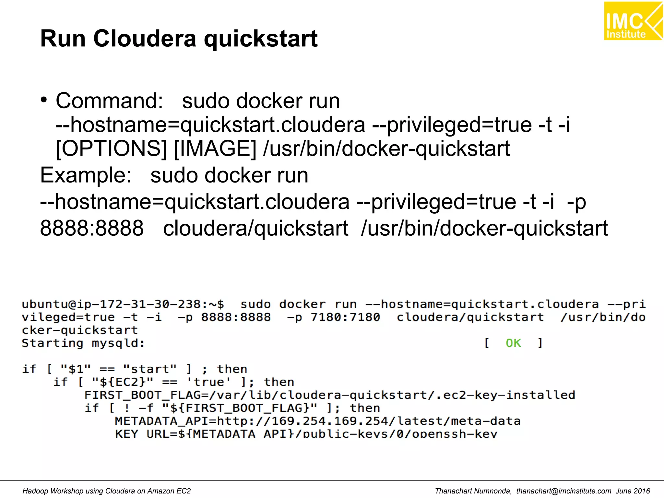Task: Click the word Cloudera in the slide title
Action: pos(145,39)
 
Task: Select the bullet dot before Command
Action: pos(44,100)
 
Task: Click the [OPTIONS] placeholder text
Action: pos(111,148)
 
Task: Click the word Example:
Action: pos(86,175)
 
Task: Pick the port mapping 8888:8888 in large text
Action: pos(92,228)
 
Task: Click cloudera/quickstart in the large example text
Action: pos(255,228)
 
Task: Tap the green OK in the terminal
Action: pos(513,343)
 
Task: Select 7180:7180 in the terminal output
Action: pos(345,317)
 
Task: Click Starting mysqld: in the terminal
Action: pos(83,343)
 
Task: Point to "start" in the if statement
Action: pos(150,369)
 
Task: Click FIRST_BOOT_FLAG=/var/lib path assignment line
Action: pos(329,395)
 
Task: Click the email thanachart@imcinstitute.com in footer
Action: pos(563,491)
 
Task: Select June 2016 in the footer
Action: pos(633,491)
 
